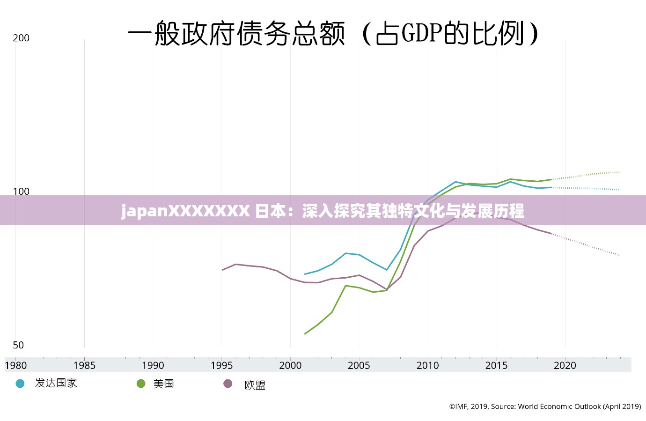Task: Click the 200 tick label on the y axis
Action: pyautogui.click(x=21, y=38)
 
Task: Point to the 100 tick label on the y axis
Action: pyautogui.click(x=21, y=191)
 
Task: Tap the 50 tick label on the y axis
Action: pyautogui.click(x=18, y=345)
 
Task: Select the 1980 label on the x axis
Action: pyautogui.click(x=16, y=365)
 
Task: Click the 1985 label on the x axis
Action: pyautogui.click(x=84, y=365)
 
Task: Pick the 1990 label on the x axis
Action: pyautogui.click(x=153, y=365)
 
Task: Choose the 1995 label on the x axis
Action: pyautogui.click(x=221, y=365)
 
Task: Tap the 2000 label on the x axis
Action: pyautogui.click(x=290, y=365)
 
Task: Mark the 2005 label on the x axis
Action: pyautogui.click(x=359, y=365)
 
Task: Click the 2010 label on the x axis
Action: pyautogui.click(x=427, y=365)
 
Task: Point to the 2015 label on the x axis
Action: pyautogui.click(x=496, y=365)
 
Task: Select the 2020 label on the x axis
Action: pyautogui.click(x=565, y=365)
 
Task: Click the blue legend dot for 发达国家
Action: pyautogui.click(x=20, y=384)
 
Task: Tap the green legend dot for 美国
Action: pyautogui.click(x=141, y=384)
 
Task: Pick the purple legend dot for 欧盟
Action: pyautogui.click(x=228, y=384)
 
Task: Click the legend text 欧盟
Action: pyautogui.click(x=255, y=385)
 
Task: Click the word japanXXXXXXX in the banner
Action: pyautogui.click(x=185, y=211)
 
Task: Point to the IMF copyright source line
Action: pyautogui.click(x=545, y=406)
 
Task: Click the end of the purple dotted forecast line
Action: pyautogui.click(x=619, y=255)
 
